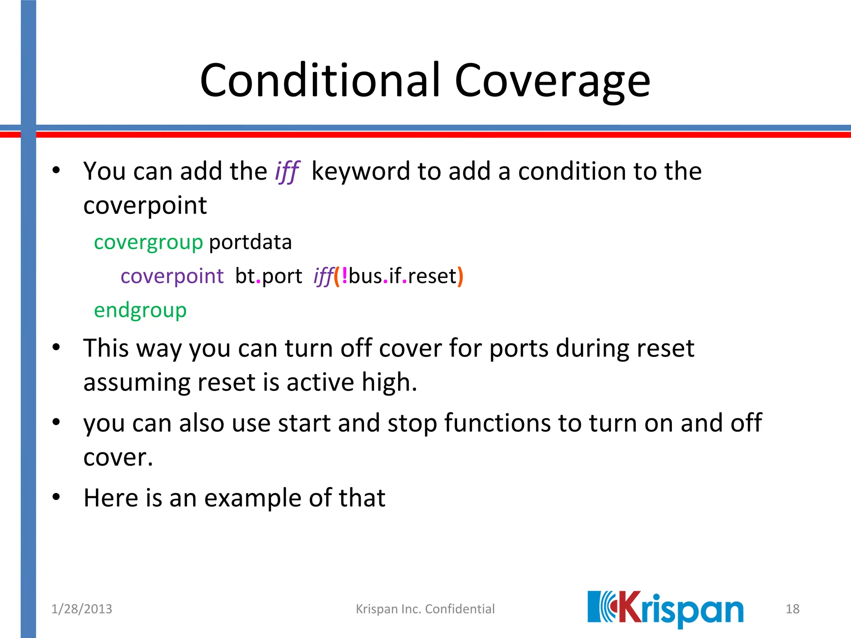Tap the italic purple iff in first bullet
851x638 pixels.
pyautogui.click(x=287, y=171)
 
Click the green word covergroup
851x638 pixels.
pyautogui.click(x=148, y=242)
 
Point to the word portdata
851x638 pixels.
pyautogui.click(x=250, y=242)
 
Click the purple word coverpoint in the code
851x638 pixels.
pyautogui.click(x=172, y=276)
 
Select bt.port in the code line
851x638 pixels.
pyautogui.click(x=268, y=276)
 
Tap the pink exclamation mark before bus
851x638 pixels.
pyautogui.click(x=344, y=276)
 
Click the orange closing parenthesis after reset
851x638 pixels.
pyautogui.click(x=460, y=276)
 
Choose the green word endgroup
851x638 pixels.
pyautogui.click(x=140, y=310)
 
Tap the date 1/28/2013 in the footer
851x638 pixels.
pyautogui.click(x=81, y=609)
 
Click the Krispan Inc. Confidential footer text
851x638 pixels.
pyautogui.click(x=425, y=609)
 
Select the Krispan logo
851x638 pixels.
pyautogui.click(x=665, y=609)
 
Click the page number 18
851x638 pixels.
pyautogui.click(x=792, y=609)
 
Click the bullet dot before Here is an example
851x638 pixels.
pyautogui.click(x=57, y=497)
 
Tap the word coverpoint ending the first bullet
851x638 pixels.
pyautogui.click(x=145, y=205)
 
